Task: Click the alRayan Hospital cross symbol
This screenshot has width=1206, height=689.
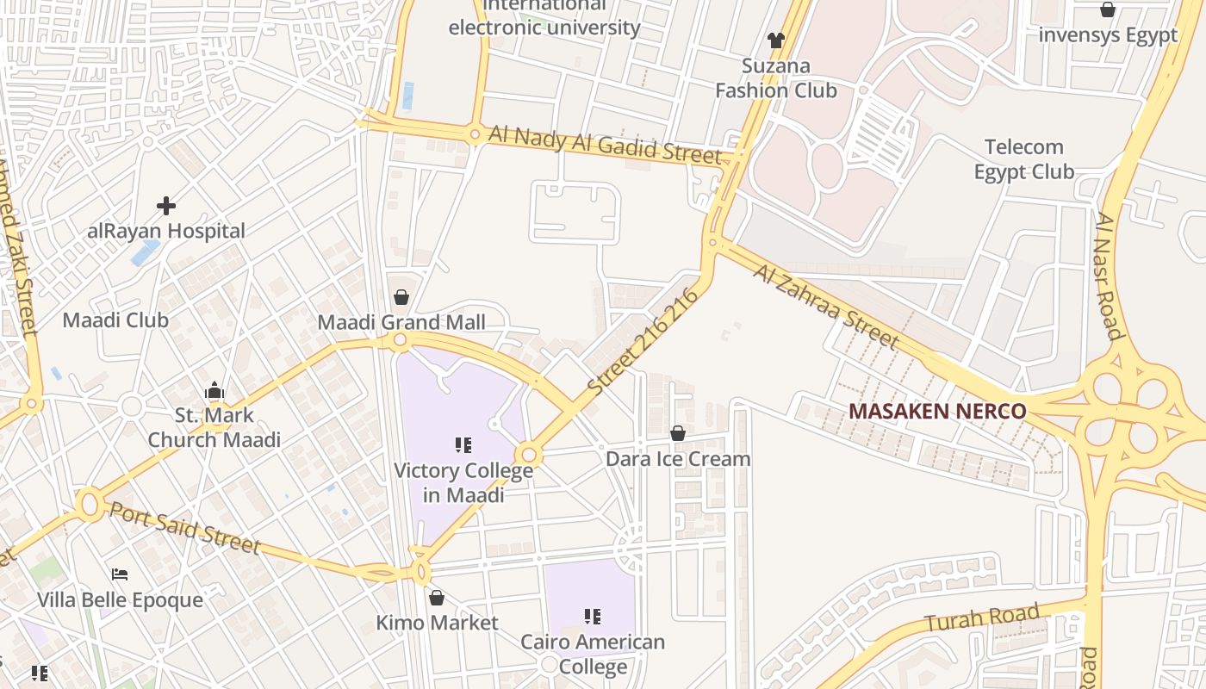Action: [166, 206]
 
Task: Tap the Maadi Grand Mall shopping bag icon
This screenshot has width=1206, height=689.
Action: [401, 298]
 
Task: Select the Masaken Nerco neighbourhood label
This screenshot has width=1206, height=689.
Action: [937, 411]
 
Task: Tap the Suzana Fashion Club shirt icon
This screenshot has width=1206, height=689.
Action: [776, 40]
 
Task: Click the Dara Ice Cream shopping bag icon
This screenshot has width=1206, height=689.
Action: [678, 433]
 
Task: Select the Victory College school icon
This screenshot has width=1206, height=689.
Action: [463, 445]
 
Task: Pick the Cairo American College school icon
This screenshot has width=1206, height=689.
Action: [593, 616]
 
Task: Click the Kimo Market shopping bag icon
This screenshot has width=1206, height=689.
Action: [437, 598]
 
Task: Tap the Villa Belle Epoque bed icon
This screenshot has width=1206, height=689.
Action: [120, 574]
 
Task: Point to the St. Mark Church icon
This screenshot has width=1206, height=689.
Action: [214, 391]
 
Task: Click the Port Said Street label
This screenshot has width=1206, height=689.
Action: [184, 527]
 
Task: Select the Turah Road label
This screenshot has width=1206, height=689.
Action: [981, 618]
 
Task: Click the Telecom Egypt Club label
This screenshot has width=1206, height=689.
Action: [1024, 159]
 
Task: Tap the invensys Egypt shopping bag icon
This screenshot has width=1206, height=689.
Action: [1108, 10]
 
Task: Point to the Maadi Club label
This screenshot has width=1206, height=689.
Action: [115, 320]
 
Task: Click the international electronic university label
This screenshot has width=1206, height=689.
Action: [544, 17]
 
